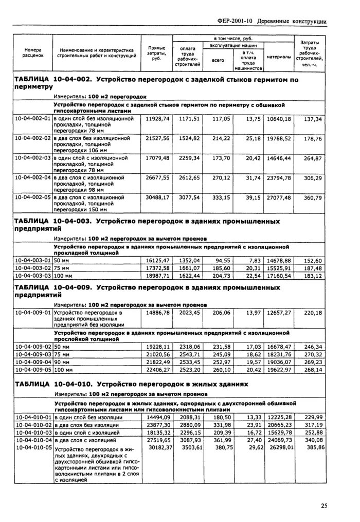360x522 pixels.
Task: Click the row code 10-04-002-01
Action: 33,119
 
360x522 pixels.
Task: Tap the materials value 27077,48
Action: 279,197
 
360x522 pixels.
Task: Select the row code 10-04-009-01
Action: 33,312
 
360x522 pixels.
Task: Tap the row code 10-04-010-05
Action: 33,447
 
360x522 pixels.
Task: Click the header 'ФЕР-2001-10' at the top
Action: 235,21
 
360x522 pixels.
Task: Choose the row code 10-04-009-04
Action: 33,362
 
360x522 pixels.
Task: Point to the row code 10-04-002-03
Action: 33,158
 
